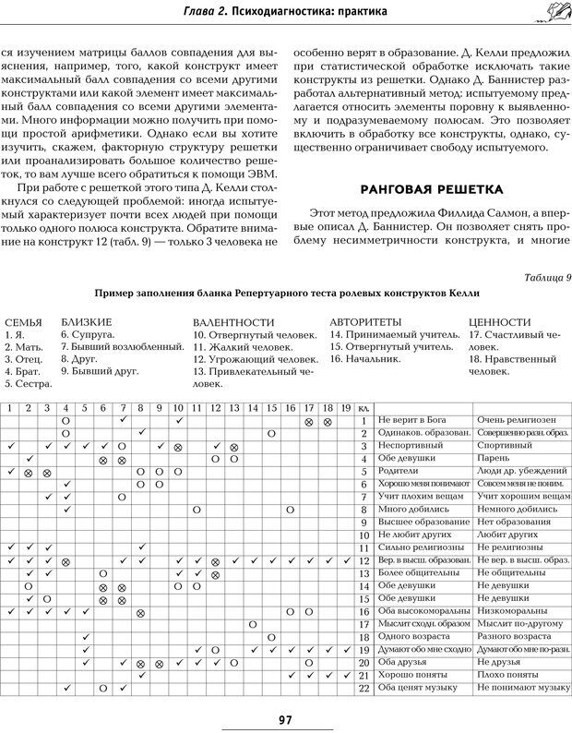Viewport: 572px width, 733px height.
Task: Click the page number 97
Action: click(284, 719)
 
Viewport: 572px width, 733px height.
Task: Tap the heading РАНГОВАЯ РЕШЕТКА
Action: click(432, 189)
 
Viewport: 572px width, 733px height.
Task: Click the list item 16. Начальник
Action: click(365, 358)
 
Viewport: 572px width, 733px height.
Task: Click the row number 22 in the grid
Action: click(363, 688)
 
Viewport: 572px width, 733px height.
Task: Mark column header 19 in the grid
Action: click(345, 407)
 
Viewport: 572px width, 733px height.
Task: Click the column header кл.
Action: click(363, 407)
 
